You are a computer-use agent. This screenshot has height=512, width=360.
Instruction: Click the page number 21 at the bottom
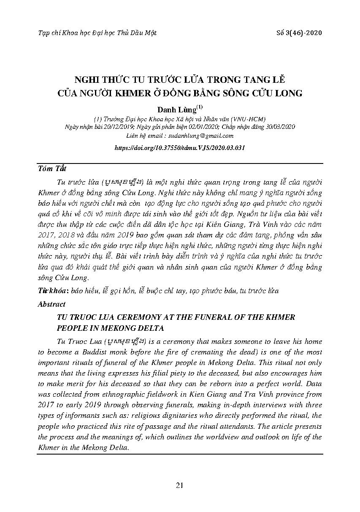179,485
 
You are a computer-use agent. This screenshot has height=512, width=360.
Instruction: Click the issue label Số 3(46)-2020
298,33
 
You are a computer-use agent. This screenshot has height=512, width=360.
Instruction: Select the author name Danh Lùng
177,109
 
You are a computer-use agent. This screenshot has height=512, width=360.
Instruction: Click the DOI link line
180,148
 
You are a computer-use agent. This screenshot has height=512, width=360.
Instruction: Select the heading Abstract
51,304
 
